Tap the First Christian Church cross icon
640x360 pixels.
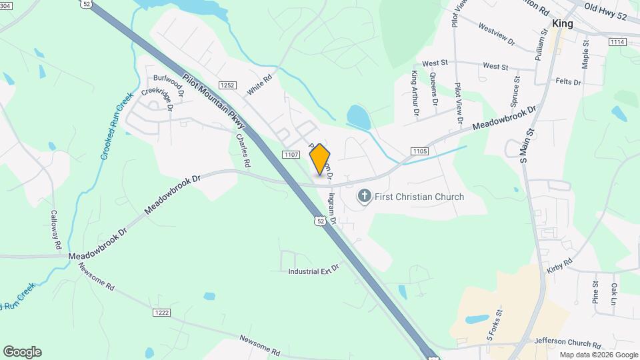[x=364, y=196]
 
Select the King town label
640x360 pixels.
[x=563, y=23]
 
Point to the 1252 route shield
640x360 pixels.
[x=228, y=85]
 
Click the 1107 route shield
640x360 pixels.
[x=290, y=155]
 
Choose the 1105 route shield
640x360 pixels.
[x=419, y=151]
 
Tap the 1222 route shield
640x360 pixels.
[x=161, y=312]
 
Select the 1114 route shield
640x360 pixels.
[x=617, y=41]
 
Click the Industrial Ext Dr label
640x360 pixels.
[x=313, y=272]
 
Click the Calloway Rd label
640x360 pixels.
[x=55, y=230]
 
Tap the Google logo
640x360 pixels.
[x=22, y=352]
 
